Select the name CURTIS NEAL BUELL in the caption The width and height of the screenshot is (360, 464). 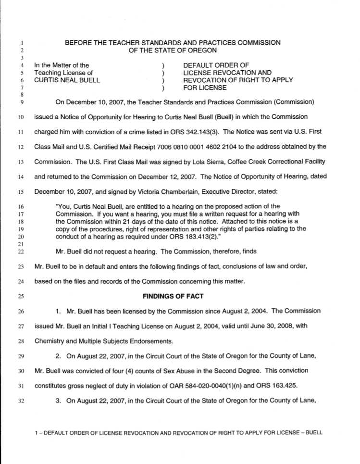click(x=67, y=80)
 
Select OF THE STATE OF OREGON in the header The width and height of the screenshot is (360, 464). click(x=173, y=50)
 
